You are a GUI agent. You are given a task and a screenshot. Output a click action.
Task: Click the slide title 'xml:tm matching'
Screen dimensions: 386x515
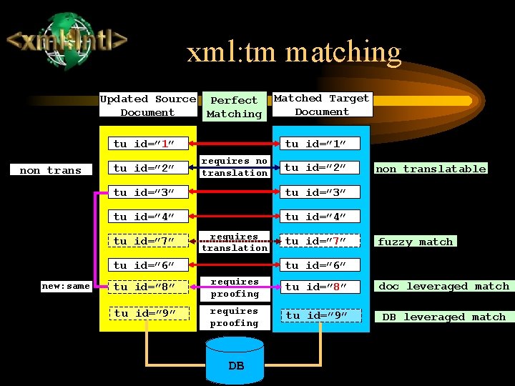(x=294, y=52)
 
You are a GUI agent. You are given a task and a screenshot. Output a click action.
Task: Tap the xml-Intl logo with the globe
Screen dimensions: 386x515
(x=67, y=39)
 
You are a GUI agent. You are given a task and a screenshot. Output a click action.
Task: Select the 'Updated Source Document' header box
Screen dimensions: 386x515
(x=147, y=106)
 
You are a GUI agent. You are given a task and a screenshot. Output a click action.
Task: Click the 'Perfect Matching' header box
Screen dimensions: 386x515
(x=234, y=107)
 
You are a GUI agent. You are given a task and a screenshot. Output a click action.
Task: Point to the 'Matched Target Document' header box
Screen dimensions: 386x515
(x=322, y=105)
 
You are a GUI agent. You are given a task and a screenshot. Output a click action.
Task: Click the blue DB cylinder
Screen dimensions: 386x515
(x=236, y=361)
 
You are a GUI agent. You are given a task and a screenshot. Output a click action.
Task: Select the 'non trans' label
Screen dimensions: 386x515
(x=50, y=170)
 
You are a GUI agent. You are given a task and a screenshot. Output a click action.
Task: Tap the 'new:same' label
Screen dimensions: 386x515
(x=66, y=286)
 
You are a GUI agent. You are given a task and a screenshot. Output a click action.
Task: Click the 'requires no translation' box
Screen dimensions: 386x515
(x=234, y=167)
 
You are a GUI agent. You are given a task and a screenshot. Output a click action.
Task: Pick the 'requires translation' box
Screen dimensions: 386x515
(x=234, y=242)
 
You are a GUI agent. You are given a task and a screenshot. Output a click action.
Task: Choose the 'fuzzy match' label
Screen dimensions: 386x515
(x=416, y=242)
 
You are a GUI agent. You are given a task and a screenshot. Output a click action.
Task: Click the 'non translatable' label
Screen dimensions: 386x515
(x=431, y=169)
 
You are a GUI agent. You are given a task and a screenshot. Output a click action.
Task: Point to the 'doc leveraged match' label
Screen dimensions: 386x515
(x=443, y=286)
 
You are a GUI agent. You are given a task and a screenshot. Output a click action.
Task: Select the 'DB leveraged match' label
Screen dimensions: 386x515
(x=443, y=317)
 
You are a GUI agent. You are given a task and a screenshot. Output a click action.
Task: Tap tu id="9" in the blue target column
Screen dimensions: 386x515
(x=317, y=315)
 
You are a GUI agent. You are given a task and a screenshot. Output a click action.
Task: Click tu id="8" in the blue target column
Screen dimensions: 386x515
(x=317, y=287)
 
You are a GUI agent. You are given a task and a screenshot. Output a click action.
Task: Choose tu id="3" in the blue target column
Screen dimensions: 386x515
(x=317, y=192)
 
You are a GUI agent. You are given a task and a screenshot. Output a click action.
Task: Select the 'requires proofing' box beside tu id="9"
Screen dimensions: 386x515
(x=234, y=317)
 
